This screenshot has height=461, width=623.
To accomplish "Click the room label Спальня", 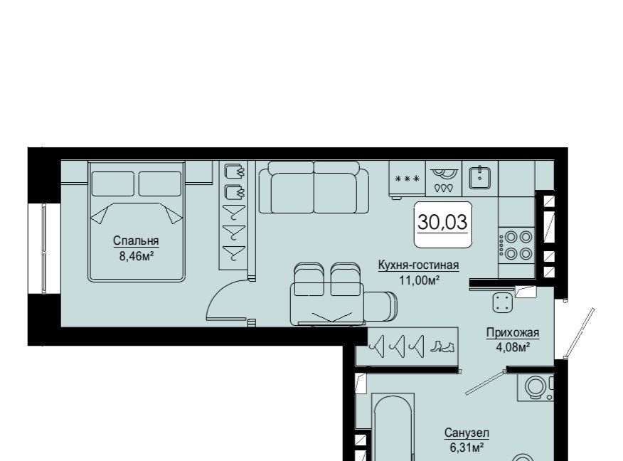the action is pos(136,241).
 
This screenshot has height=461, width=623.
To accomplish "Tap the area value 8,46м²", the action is pos(137,256).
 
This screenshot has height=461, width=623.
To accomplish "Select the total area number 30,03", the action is pos(442,222).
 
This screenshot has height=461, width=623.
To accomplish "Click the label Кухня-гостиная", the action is pos(418,265).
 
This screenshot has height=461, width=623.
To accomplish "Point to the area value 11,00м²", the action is pos(419,280).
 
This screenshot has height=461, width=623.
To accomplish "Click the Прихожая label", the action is pos(513,333).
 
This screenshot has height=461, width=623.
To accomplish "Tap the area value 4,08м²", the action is pos(513,347).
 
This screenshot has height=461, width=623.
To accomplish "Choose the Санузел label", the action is pos(467,433).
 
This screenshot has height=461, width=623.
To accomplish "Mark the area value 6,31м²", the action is pos(467,448).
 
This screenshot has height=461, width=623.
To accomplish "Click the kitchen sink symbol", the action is pos(480,178).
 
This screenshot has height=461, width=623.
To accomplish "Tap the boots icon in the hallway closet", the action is pos(442,347).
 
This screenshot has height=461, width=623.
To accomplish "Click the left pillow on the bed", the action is pos(113,184).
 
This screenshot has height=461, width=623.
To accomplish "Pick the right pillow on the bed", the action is pos(160,184).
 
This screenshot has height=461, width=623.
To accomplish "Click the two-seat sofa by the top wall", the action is pos(314,187).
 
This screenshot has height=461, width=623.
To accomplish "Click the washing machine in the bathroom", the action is pos(536,388).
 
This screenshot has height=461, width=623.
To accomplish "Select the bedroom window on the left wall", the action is pos(44,249).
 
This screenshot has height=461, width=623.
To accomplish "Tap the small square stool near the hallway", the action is pos(503,303).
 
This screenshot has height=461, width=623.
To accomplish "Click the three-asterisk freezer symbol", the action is pos(408,179).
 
